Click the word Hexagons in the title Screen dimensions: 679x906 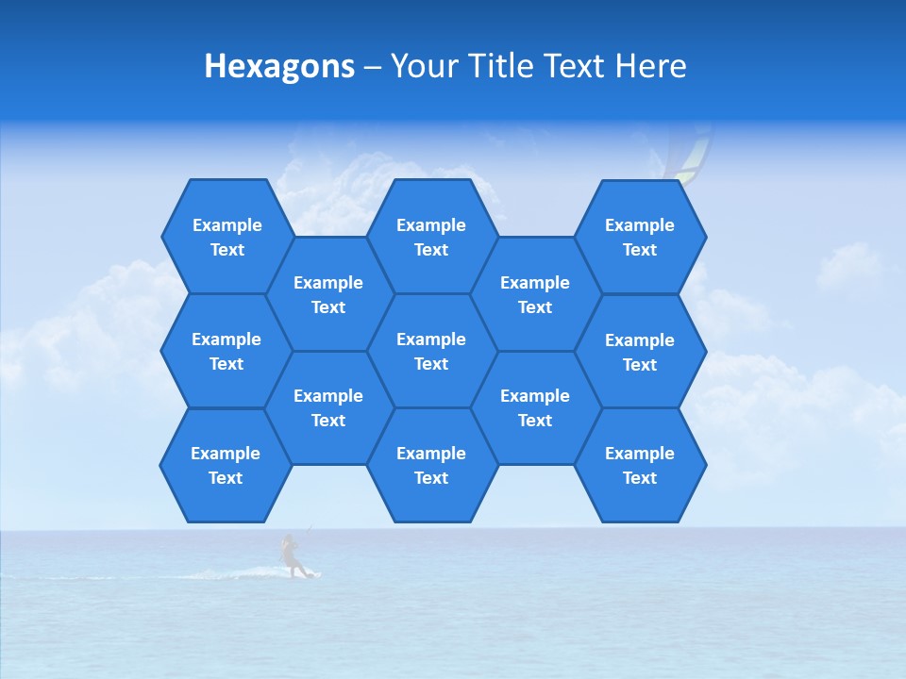pos(279,66)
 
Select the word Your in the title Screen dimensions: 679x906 pos(422,66)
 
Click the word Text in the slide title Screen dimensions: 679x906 pos(575,66)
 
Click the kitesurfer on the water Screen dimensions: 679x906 pos(292,555)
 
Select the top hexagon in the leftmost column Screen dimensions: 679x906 pos(226,237)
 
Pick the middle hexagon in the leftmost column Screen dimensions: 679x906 pos(226,351)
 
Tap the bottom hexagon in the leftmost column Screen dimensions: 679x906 pos(226,465)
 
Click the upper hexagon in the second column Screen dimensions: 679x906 pos(328,294)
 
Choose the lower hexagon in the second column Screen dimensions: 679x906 pos(328,407)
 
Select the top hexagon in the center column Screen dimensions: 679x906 pos(431,237)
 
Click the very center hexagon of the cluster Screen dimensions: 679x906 pos(431,351)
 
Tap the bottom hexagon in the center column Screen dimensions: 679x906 pos(431,465)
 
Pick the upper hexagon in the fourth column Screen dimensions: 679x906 pos(535,294)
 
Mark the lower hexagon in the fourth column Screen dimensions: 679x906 pos(535,407)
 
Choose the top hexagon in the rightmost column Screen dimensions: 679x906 pos(640,237)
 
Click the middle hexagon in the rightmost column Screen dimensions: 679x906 pos(640,352)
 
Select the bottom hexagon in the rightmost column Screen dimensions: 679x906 pos(640,465)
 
